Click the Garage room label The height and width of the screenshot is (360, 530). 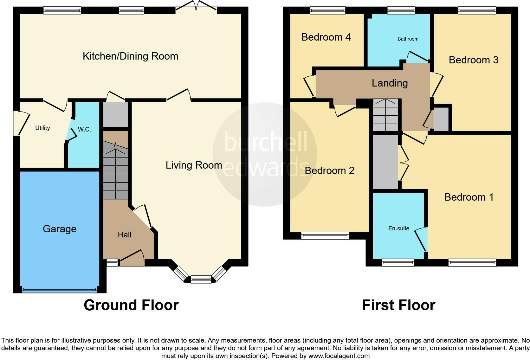click(60, 229)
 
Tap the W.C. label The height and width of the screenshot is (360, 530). click(84, 129)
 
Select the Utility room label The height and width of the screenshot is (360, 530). click(42, 128)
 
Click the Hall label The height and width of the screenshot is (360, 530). click(124, 235)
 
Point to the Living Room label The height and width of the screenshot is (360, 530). click(194, 165)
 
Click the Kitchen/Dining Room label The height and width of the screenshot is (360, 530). click(130, 56)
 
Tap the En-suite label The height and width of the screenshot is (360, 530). click(399, 228)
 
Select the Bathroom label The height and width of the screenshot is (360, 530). click(408, 39)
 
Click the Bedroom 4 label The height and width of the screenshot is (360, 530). click(326, 37)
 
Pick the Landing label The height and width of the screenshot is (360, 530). click(390, 83)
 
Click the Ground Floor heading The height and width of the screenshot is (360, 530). click(131, 305)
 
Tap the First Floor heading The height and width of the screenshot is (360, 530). click(398, 305)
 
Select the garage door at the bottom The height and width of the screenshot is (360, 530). click(60, 289)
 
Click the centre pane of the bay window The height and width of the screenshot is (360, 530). click(201, 280)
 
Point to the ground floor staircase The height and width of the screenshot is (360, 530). click(115, 171)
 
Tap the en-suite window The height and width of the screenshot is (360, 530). click(397, 262)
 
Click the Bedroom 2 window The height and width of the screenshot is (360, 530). click(325, 235)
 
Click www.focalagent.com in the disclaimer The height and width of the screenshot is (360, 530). click(339, 356)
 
